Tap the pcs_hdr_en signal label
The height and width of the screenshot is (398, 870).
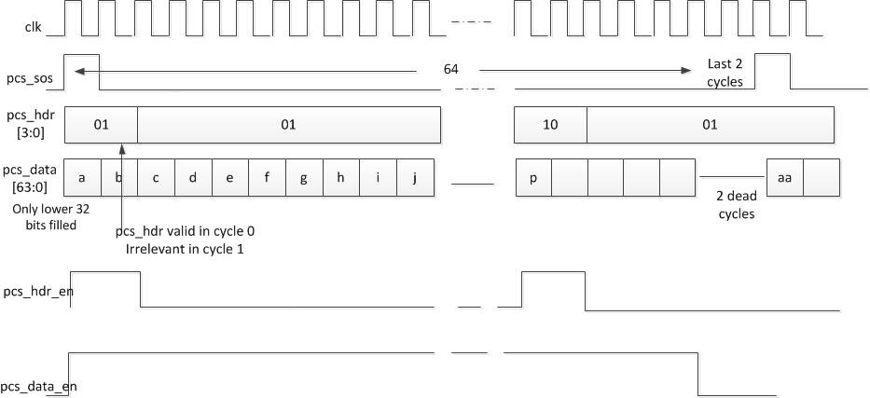point(37,292)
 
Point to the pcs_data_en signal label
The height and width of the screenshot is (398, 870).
point(38,386)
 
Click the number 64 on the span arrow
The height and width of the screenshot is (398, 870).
point(451,70)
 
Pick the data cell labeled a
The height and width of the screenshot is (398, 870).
point(83,178)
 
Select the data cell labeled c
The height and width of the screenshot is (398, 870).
point(156,178)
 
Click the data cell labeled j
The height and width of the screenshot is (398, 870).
point(415,178)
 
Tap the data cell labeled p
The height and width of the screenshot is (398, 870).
point(533,178)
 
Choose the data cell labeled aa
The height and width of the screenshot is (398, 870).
point(784,178)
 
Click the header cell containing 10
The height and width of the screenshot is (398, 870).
point(550,124)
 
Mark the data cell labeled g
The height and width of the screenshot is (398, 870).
point(304,178)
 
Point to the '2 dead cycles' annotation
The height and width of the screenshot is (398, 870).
point(736,206)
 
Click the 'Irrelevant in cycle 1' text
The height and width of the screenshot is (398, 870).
point(185,249)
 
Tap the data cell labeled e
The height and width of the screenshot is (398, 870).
point(229,178)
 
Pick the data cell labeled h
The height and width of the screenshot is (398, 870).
point(341,178)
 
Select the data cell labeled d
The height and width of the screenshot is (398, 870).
point(193,178)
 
